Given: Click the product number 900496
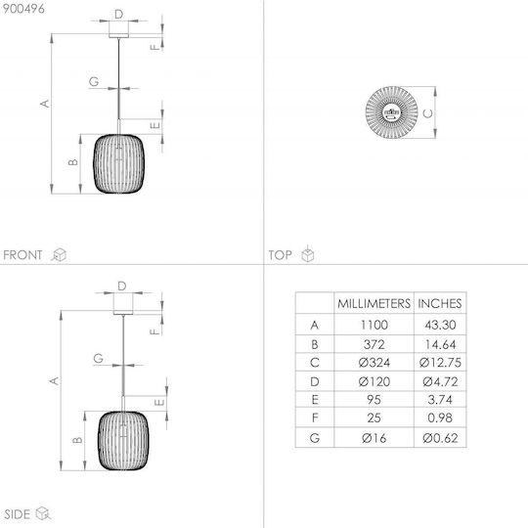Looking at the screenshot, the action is point(23,9).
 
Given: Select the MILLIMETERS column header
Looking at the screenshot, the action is point(374,303).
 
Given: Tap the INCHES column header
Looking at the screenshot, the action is point(439,303).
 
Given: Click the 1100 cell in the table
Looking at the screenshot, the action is point(374,325).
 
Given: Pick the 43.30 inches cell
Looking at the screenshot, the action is point(440,325).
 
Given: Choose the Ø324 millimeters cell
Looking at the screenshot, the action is point(374,363).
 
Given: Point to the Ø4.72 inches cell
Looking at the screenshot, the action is point(440,382).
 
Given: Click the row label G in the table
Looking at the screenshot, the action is point(315,438).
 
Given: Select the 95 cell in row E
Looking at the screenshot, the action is point(374,400).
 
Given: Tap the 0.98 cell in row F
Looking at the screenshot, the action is point(440,418).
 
